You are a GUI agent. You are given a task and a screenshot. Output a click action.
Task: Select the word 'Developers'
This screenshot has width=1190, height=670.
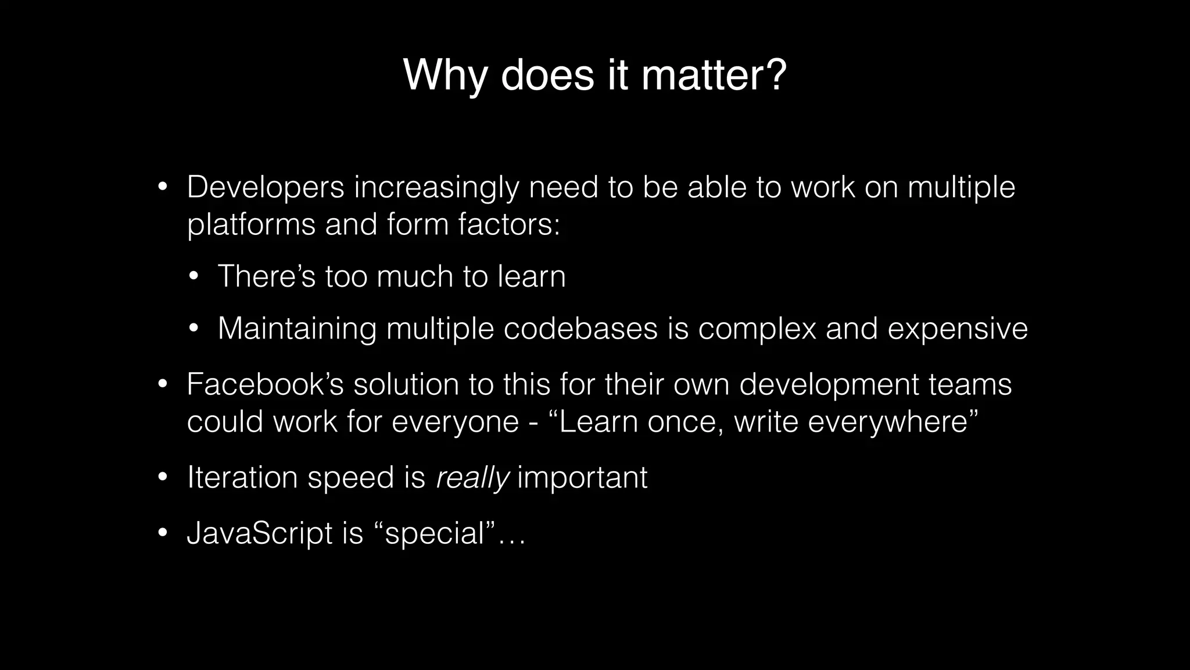266,187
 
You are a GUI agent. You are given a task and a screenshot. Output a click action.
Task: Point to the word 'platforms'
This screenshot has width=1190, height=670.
251,225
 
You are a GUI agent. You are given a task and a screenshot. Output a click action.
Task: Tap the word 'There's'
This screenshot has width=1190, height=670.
266,276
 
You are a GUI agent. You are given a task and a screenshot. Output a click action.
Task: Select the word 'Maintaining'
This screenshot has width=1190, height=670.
297,329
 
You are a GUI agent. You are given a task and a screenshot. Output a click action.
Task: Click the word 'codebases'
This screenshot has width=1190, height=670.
580,329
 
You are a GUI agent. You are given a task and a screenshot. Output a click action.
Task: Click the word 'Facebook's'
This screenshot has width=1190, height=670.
266,384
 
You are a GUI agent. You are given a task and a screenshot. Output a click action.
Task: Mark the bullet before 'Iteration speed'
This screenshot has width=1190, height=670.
163,478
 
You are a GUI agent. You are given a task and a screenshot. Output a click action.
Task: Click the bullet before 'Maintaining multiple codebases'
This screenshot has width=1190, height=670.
194,329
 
